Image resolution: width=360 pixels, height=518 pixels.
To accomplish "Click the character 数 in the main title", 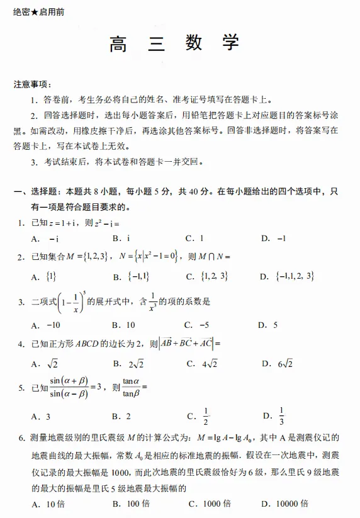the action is coord(194,44).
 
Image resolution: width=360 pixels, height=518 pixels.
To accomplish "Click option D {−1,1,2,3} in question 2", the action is coord(288,276).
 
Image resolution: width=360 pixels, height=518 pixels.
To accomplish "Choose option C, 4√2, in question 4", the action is coord(202,364).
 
